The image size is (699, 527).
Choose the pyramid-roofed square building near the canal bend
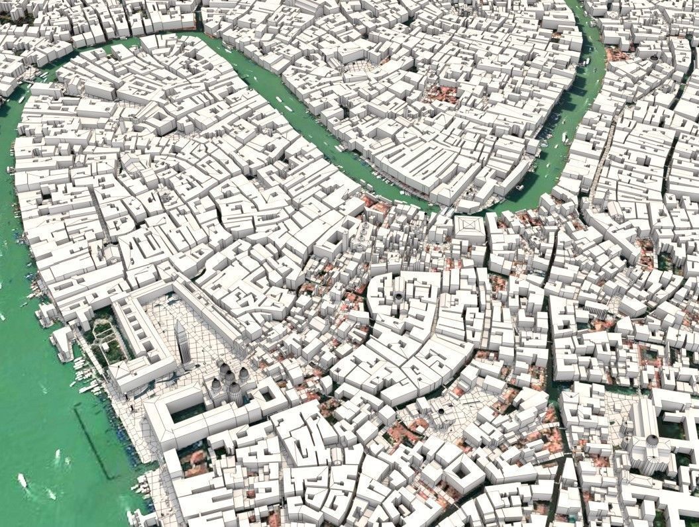pyautogui.click(x=470, y=227)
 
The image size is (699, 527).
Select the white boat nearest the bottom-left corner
pyautogui.click(x=23, y=481)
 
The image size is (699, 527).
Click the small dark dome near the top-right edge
pyautogui.click(x=655, y=58)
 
